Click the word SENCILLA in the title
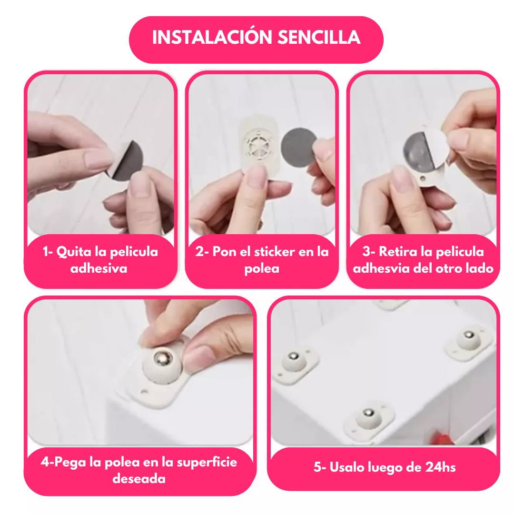pyautogui.click(x=319, y=38)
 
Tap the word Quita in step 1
pyautogui.click(x=74, y=252)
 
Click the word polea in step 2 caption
pyautogui.click(x=262, y=269)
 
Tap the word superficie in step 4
pyautogui.click(x=207, y=462)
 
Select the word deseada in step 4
pyautogui.click(x=139, y=479)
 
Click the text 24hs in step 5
pyautogui.click(x=440, y=467)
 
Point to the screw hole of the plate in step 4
pyautogui.click(x=144, y=391)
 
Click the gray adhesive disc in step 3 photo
pyautogui.click(x=419, y=151)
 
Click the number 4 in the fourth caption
pyautogui.click(x=45, y=462)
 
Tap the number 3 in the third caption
pyautogui.click(x=366, y=252)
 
